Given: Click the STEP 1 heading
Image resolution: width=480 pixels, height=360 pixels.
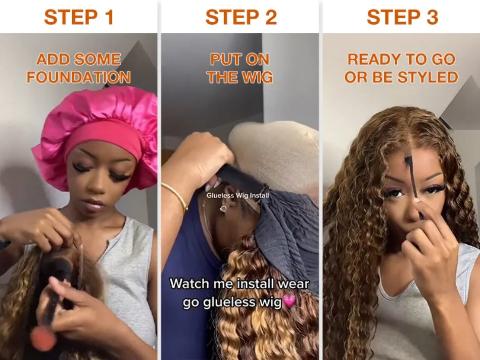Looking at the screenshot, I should pyautogui.click(x=79, y=17).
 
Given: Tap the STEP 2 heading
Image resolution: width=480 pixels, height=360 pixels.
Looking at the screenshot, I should pyautogui.click(x=241, y=17).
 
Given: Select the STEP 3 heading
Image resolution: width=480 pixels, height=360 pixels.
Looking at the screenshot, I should pyautogui.click(x=402, y=17).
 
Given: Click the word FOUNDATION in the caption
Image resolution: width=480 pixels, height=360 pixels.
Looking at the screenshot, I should pyautogui.click(x=79, y=77).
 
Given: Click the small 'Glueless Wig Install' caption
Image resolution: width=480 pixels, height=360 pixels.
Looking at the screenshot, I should pyautogui.click(x=238, y=195).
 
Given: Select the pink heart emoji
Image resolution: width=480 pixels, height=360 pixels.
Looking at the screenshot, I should pyautogui.click(x=289, y=302).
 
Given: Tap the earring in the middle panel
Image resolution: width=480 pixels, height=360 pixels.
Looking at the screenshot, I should pyautogui.click(x=223, y=208).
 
